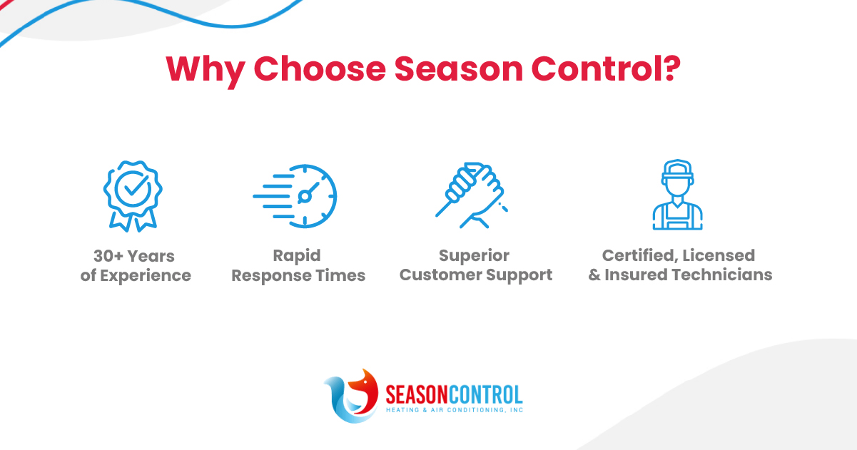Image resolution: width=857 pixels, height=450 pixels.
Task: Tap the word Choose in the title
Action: click(x=320, y=68)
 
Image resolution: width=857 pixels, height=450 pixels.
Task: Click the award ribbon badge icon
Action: click(x=133, y=196)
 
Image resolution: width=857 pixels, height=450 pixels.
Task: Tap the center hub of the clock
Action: click(x=305, y=197)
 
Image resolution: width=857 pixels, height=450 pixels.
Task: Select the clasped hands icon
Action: click(x=472, y=195)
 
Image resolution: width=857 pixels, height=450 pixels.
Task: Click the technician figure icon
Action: click(x=678, y=195)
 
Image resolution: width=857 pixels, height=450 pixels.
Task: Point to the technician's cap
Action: click(x=678, y=169)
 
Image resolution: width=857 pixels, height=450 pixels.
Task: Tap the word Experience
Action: click(x=146, y=277)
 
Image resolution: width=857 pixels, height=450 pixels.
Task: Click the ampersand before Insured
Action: click(x=594, y=275)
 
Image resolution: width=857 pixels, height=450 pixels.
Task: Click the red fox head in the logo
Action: click(x=363, y=391)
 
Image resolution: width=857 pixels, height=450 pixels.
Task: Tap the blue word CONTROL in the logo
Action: click(x=485, y=394)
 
